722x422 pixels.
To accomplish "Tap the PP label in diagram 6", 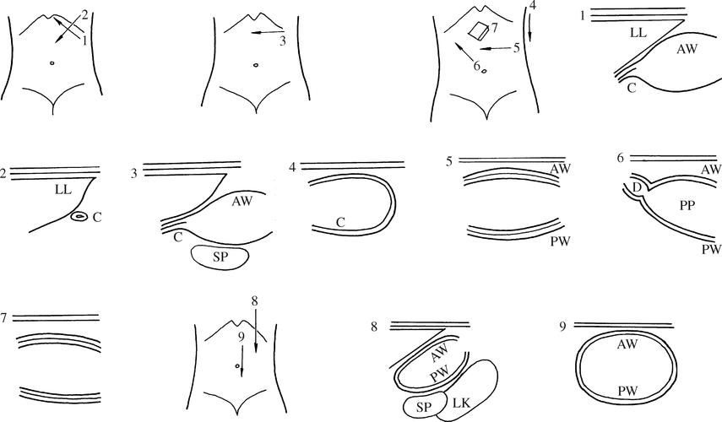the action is click(x=687, y=205).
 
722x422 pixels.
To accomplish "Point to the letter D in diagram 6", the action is click(x=638, y=187).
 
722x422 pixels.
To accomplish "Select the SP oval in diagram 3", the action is click(x=220, y=257).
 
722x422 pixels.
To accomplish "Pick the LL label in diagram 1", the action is click(x=638, y=33).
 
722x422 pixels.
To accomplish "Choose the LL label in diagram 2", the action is click(x=63, y=190).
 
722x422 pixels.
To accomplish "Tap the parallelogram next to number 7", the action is click(x=479, y=31).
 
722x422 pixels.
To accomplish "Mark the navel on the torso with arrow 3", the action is click(x=256, y=65).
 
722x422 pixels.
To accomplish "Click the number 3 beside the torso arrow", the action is click(x=283, y=41).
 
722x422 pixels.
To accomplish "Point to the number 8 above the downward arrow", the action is click(x=255, y=301).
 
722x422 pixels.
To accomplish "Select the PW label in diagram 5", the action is click(x=561, y=241).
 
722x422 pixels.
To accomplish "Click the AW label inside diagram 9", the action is click(x=627, y=344).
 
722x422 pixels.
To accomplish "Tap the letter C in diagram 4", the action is click(x=340, y=222).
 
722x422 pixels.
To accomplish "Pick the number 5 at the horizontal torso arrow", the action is click(x=516, y=48).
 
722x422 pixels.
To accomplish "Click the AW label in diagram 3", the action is click(x=242, y=201).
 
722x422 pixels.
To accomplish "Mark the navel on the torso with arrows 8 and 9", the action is click(x=237, y=366).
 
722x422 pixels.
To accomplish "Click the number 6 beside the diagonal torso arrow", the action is click(x=477, y=66).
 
